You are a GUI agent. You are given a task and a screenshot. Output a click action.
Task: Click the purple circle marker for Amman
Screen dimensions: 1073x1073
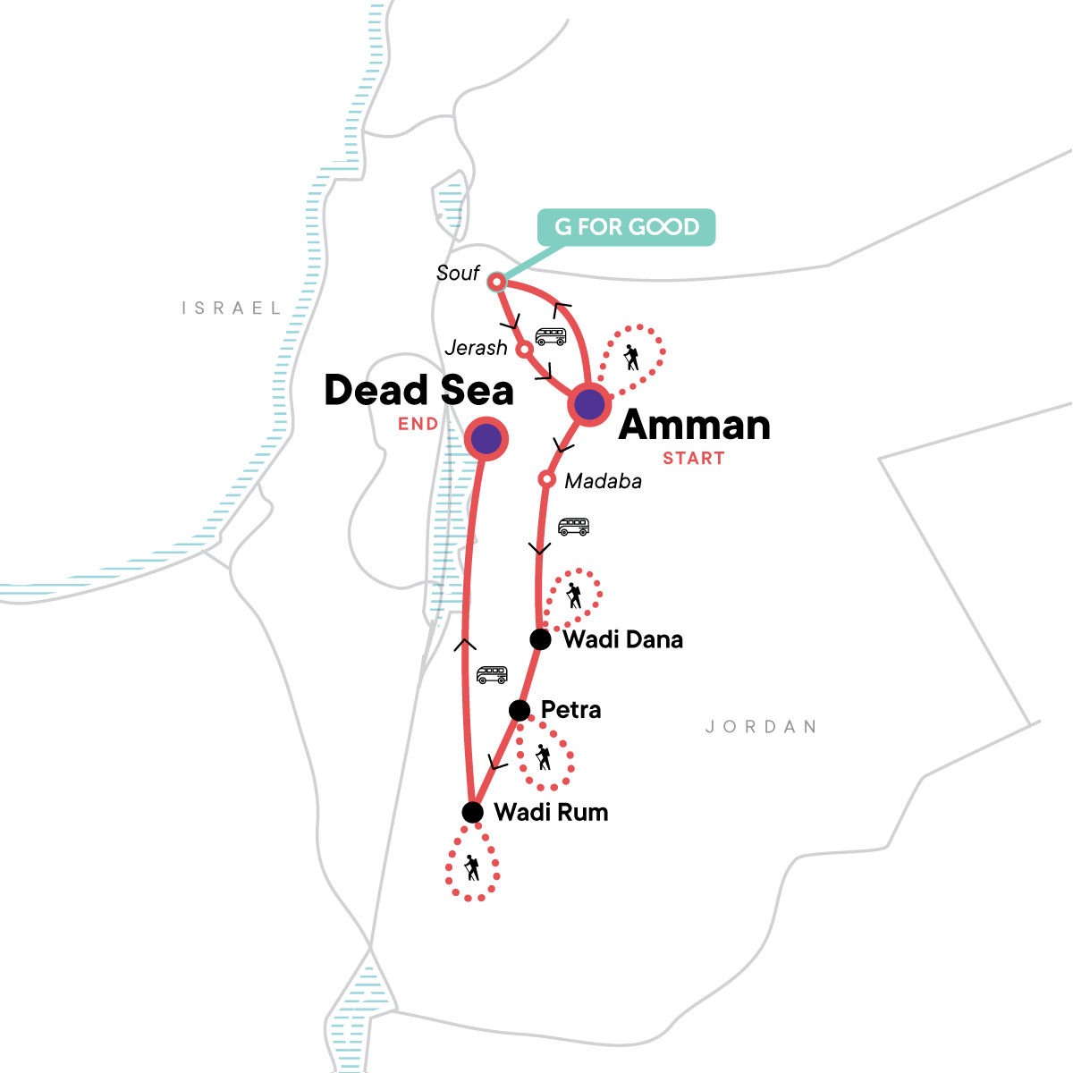point(589,405)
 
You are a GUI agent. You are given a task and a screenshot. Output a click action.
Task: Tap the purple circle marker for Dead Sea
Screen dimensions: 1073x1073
point(486,438)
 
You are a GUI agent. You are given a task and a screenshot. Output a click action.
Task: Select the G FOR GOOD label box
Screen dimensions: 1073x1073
point(626,227)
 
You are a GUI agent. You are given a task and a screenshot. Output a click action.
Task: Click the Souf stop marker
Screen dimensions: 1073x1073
point(495,283)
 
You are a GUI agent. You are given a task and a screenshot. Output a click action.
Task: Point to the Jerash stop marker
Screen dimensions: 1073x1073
point(525,349)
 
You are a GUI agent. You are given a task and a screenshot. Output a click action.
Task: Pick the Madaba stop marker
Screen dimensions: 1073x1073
point(546,480)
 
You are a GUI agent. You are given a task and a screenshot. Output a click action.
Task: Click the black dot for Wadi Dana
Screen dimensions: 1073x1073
point(540,639)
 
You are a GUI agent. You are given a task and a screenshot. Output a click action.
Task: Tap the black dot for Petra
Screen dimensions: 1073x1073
point(519,710)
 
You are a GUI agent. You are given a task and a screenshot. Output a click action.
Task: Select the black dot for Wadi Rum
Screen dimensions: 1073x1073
point(472,812)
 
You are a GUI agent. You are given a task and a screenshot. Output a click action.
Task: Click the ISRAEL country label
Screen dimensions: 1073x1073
point(232,308)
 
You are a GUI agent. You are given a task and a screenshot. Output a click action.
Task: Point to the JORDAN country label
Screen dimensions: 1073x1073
point(761,727)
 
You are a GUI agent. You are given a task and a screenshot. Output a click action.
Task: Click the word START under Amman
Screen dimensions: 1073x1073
point(693,459)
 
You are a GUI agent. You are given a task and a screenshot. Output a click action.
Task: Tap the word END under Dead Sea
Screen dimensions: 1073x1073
point(418,424)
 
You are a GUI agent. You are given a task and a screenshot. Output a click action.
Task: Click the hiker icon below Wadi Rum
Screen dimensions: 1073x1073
point(471,866)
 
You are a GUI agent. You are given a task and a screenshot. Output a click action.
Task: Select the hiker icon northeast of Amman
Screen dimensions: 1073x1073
point(631,357)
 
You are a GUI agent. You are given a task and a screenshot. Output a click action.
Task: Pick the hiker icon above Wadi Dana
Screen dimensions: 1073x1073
point(573,596)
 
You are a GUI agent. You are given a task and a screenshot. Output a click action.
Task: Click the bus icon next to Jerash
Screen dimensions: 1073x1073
point(551,336)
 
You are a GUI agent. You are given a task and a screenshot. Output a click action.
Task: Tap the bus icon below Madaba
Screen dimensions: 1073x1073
point(573,527)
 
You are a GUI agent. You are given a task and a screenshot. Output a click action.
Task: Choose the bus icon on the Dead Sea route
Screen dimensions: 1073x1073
point(492,675)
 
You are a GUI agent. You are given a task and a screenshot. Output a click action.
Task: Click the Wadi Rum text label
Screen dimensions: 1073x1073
point(551,812)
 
